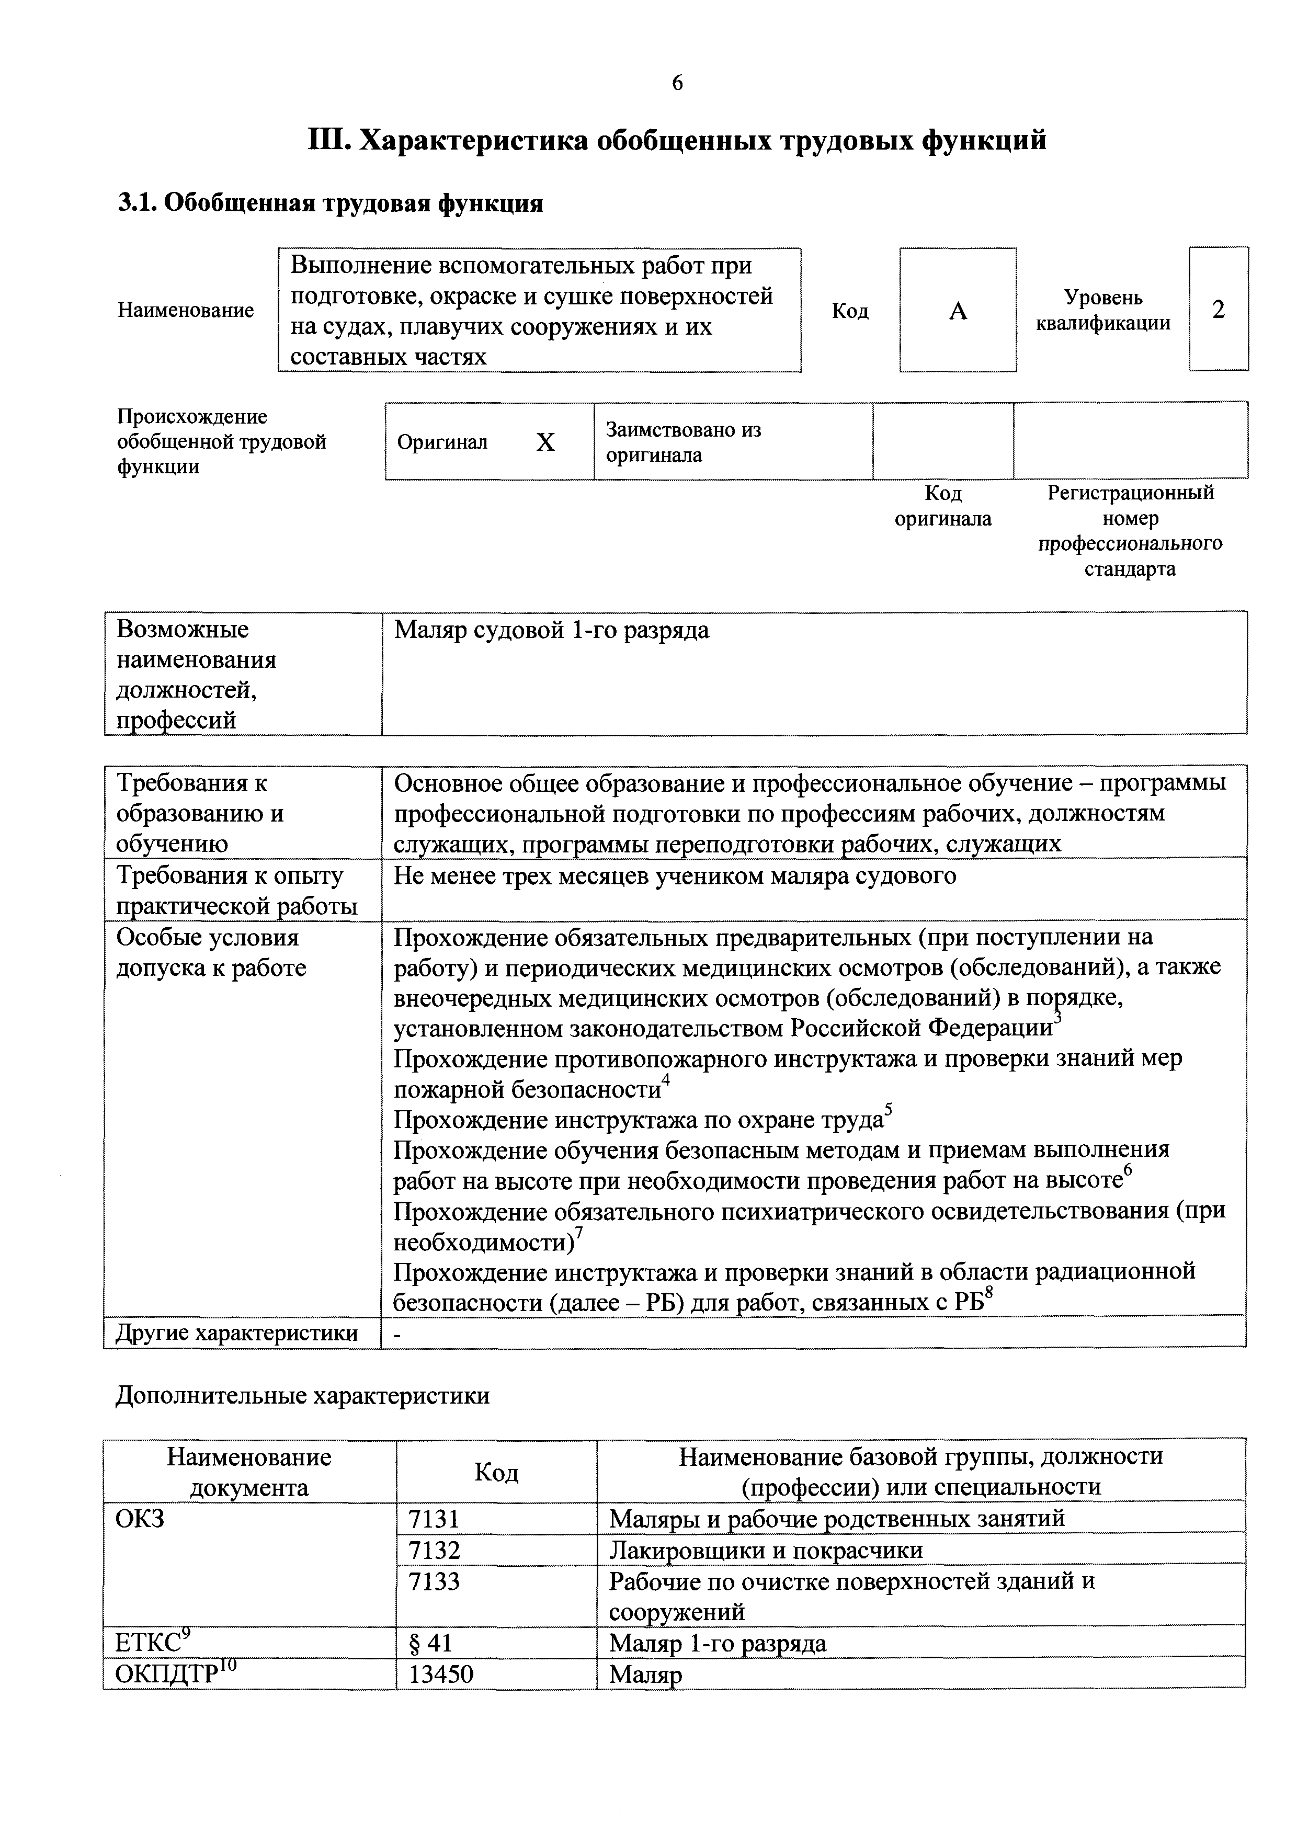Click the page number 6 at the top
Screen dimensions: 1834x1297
click(x=677, y=83)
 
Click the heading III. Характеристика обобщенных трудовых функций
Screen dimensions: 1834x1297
click(x=677, y=141)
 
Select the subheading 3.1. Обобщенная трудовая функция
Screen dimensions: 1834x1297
click(x=331, y=203)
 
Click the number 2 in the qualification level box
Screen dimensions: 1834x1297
click(x=1218, y=309)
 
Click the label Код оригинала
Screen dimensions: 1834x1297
click(x=942, y=506)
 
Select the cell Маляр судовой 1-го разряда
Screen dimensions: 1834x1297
click(x=551, y=630)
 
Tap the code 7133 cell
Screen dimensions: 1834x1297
click(x=434, y=1581)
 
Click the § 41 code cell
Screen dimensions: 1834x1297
click(x=430, y=1643)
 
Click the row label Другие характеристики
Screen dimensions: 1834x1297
click(x=236, y=1333)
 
